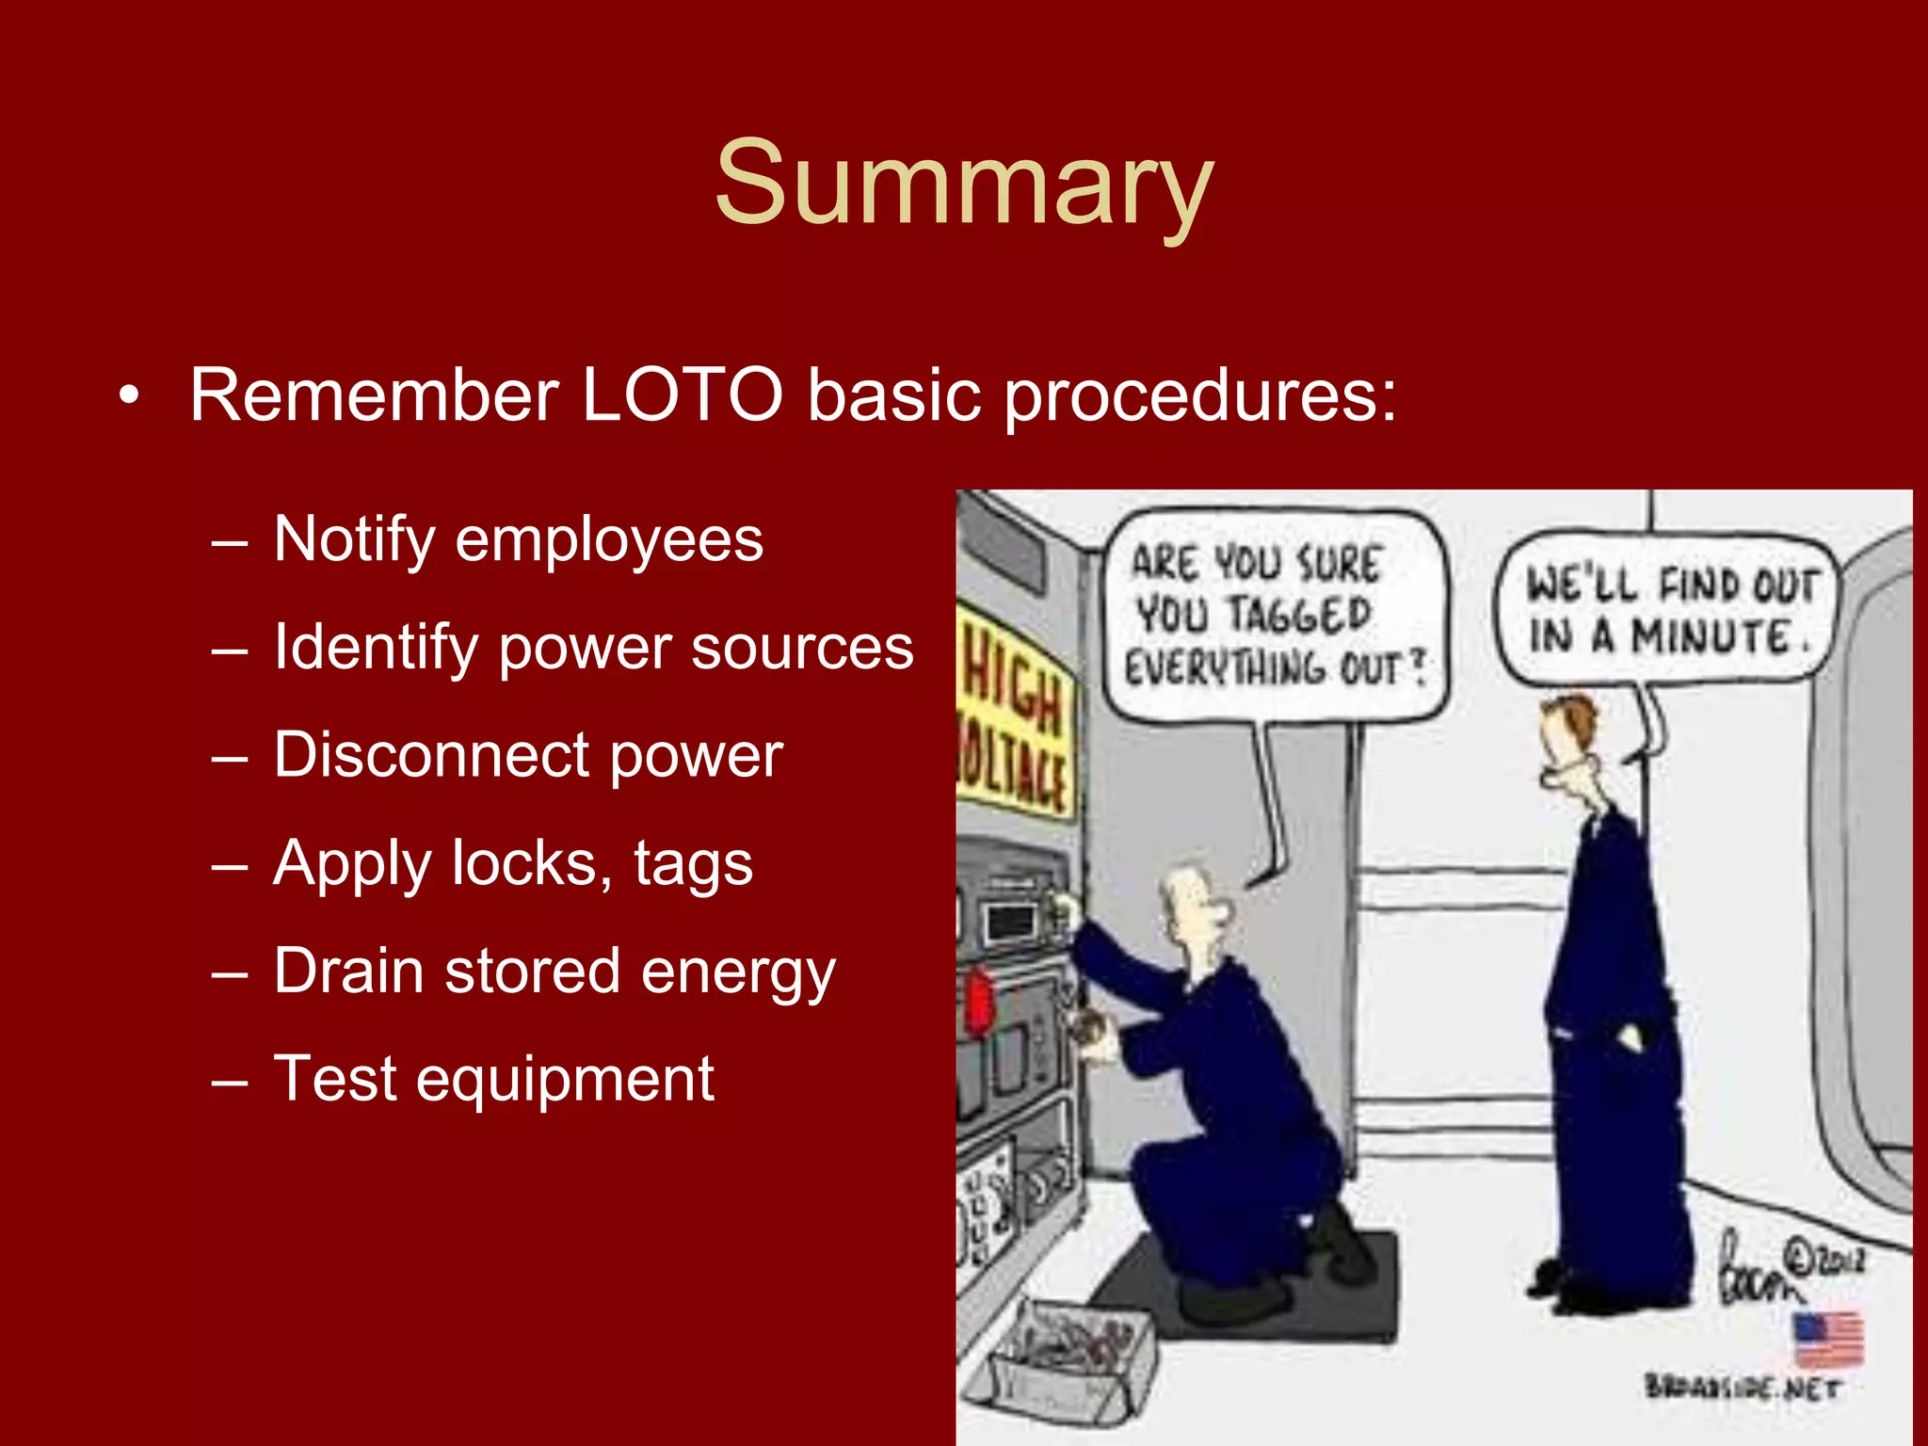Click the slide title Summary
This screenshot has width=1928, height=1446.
click(x=963, y=184)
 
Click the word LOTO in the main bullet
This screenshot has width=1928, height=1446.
click(x=682, y=395)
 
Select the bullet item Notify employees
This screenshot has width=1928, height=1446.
click(x=518, y=539)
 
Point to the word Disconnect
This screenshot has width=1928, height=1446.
click(x=432, y=755)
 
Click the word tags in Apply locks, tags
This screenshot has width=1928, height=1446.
click(x=693, y=864)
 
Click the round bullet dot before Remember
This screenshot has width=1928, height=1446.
click(x=129, y=396)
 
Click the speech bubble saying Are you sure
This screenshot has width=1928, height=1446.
click(x=1273, y=617)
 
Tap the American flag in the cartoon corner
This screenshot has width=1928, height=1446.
click(x=1828, y=1338)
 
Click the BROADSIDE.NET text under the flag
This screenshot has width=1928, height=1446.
click(x=1742, y=1388)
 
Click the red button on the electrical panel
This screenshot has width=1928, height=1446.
click(x=979, y=1003)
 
